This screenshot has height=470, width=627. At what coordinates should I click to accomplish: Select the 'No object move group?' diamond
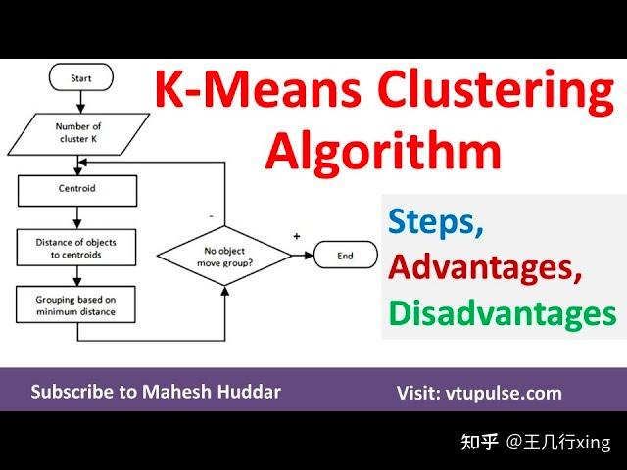point(225,257)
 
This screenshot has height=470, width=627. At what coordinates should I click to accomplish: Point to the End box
point(345,257)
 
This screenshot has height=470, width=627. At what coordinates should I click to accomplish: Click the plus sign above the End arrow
point(297,236)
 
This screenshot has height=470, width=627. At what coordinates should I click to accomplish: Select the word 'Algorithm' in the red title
point(383,151)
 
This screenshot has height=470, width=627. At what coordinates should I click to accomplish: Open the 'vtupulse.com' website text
point(506,393)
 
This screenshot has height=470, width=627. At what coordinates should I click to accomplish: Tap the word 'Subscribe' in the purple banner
point(72,392)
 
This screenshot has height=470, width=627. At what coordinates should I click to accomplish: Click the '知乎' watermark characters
point(482,443)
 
